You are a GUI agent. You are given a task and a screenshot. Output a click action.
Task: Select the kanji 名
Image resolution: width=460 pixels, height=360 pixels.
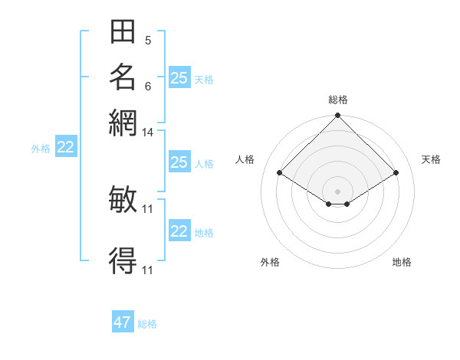click(123, 77)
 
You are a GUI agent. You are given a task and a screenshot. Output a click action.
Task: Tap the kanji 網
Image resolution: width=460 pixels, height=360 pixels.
click(123, 123)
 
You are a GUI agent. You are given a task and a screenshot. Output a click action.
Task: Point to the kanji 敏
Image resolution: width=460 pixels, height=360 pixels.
click(123, 199)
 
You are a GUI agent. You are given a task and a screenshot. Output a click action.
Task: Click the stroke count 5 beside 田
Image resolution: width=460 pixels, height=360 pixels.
click(148, 41)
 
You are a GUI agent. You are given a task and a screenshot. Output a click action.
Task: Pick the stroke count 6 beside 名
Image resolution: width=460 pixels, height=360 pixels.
click(148, 87)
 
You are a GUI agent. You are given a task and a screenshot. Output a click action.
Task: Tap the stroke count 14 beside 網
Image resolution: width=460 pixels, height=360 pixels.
click(148, 133)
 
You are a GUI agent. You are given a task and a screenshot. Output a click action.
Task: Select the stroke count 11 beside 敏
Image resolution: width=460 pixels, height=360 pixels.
click(148, 208)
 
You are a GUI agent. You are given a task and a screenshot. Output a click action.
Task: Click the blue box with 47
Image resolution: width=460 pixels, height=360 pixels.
click(123, 322)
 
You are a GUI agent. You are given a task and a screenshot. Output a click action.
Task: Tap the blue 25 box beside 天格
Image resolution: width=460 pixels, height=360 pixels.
click(179, 78)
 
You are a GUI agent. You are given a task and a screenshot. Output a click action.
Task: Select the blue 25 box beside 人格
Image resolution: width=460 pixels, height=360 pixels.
click(179, 162)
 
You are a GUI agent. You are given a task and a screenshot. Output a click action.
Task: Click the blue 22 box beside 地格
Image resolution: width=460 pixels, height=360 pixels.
click(179, 231)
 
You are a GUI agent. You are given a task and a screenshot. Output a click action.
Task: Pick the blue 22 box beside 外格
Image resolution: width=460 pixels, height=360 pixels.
click(66, 148)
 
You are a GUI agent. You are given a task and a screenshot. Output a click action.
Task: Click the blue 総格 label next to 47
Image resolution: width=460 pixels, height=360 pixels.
click(147, 324)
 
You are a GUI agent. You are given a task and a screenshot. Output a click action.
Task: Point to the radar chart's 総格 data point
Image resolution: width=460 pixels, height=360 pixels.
click(337, 116)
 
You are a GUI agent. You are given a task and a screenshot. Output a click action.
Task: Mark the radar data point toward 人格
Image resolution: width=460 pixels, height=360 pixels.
click(280, 173)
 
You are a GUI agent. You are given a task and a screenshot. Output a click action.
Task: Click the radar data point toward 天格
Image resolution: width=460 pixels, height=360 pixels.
click(396, 173)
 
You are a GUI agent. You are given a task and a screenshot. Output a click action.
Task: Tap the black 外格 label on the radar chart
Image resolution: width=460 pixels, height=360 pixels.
click(270, 262)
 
